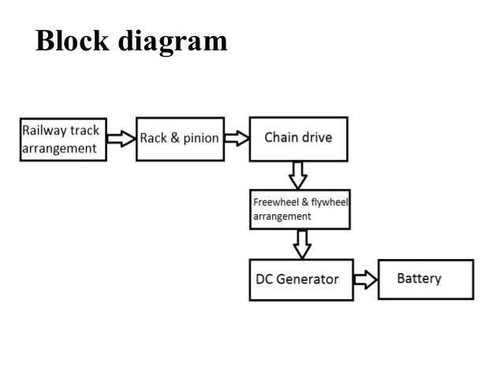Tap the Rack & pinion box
pyautogui.click(x=179, y=139)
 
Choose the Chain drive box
pyautogui.click(x=298, y=138)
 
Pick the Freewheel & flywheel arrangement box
pyautogui.click(x=299, y=208)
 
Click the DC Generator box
pyautogui.click(x=297, y=279)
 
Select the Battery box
pyautogui.click(x=426, y=279)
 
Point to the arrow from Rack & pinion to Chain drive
pyautogui.click(x=236, y=139)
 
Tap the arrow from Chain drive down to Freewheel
pyautogui.click(x=298, y=173)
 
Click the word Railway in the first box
pyautogui.click(x=45, y=130)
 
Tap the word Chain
pyautogui.click(x=281, y=138)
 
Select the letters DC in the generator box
pyautogui.click(x=265, y=279)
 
